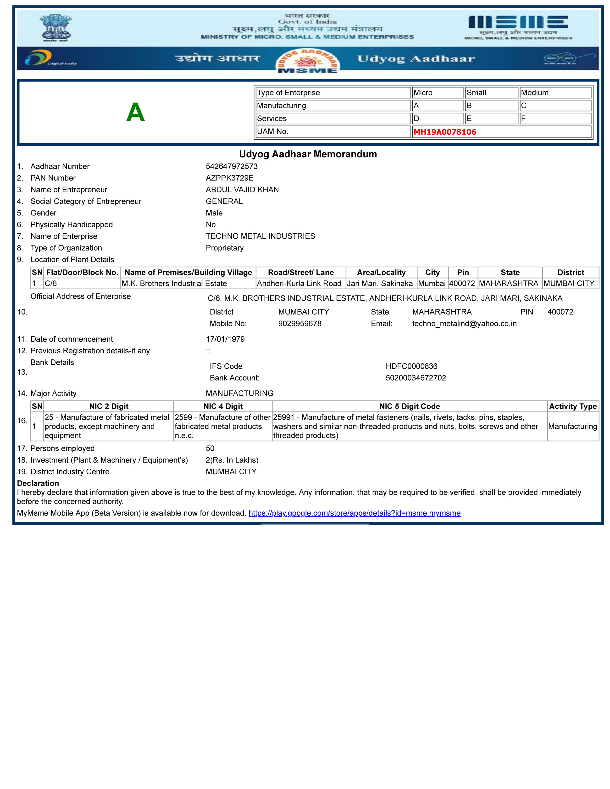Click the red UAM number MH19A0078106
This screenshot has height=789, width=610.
[444, 132]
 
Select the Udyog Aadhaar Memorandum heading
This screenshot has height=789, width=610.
[308, 154]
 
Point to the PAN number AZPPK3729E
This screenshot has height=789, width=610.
[229, 178]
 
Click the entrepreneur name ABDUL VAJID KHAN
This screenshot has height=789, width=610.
[242, 190]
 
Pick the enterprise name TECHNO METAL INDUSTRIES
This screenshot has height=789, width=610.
[260, 236]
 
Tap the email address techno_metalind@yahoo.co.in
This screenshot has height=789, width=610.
[464, 324]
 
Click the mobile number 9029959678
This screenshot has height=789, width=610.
[299, 324]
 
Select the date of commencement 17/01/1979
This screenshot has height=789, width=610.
[225, 339]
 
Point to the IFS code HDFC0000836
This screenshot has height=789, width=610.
[411, 366]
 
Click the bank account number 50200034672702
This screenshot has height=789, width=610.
[416, 378]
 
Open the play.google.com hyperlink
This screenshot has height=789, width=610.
[354, 513]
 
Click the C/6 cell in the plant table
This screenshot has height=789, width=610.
[51, 284]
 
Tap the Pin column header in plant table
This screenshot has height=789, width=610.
[463, 272]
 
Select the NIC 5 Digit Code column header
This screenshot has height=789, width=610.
[410, 406]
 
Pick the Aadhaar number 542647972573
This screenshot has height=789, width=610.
[232, 167]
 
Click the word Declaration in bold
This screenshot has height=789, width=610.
[38, 483]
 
